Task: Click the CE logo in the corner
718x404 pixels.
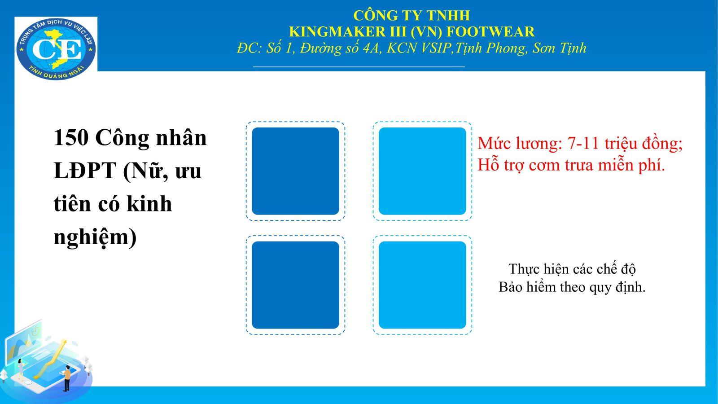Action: [56, 49]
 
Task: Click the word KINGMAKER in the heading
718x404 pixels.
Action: [337, 32]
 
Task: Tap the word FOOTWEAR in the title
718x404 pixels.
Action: [490, 32]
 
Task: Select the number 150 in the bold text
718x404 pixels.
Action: [71, 138]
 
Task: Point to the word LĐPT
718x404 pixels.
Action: [85, 171]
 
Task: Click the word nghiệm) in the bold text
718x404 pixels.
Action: [95, 238]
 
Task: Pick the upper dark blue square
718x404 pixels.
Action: [295, 171]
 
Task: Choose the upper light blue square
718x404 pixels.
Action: [422, 171]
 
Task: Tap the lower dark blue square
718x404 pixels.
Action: [295, 285]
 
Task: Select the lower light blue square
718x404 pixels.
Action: [422, 285]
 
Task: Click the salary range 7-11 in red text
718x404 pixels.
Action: [583, 143]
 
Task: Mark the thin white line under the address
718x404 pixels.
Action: [359, 67]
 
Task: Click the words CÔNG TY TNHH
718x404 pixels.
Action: [412, 15]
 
